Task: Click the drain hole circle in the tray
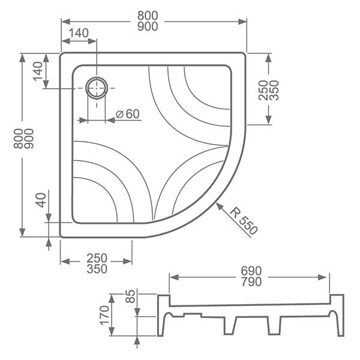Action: (97, 89)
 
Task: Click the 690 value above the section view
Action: (249, 272)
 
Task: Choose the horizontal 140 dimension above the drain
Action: (79, 32)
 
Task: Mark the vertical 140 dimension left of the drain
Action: (38, 71)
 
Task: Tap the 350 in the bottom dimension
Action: (97, 269)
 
